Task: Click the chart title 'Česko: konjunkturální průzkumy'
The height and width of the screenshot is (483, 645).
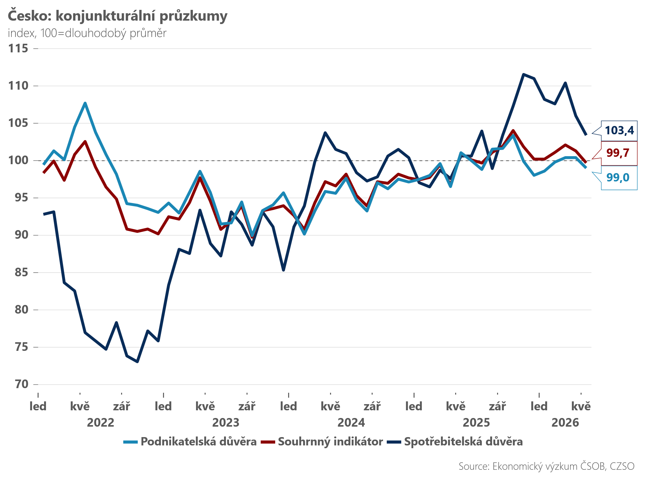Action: pyautogui.click(x=117, y=16)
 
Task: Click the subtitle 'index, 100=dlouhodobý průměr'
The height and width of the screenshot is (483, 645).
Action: pyautogui.click(x=87, y=33)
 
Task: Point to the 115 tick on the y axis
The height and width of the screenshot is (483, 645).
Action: pyautogui.click(x=18, y=48)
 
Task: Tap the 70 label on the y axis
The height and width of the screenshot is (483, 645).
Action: pyautogui.click(x=22, y=384)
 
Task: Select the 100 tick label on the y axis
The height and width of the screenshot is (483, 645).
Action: pyautogui.click(x=18, y=160)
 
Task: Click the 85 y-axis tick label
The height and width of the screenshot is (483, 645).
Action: pyautogui.click(x=22, y=272)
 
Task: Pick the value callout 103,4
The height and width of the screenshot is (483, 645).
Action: pyautogui.click(x=619, y=131)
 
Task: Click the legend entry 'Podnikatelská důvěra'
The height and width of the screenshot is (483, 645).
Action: pyautogui.click(x=190, y=442)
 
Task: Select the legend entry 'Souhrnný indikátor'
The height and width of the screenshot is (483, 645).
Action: pyautogui.click(x=322, y=442)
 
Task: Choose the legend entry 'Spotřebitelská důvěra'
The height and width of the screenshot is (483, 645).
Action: pyautogui.click(x=455, y=442)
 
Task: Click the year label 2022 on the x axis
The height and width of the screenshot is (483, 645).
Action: pyautogui.click(x=100, y=422)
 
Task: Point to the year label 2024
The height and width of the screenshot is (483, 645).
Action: pyautogui.click(x=351, y=422)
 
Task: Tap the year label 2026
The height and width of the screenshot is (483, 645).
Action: pyautogui.click(x=565, y=422)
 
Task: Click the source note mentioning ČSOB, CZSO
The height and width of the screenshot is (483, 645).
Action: pyautogui.click(x=546, y=466)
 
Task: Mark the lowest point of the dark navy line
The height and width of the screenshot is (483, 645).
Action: pyautogui.click(x=137, y=362)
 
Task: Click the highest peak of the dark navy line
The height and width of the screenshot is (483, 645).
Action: pyautogui.click(x=523, y=74)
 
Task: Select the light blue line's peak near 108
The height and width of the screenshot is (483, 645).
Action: pyautogui.click(x=85, y=103)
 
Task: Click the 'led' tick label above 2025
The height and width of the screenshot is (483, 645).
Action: pyautogui.click(x=414, y=406)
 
